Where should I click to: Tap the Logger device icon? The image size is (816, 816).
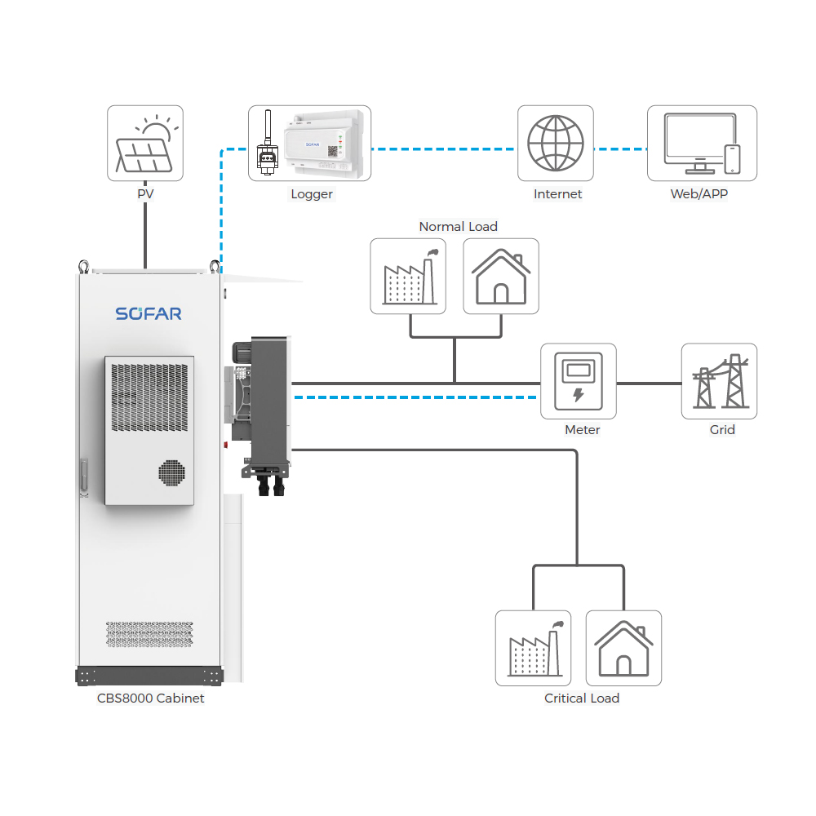pyautogui.click(x=309, y=144)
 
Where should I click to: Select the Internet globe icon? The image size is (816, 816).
pyautogui.click(x=556, y=144)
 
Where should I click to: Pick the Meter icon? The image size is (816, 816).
pyautogui.click(x=579, y=381)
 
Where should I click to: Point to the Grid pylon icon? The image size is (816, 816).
pyautogui.click(x=720, y=381)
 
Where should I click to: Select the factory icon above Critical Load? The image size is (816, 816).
pyautogui.click(x=533, y=648)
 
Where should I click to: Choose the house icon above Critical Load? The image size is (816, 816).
pyautogui.click(x=624, y=648)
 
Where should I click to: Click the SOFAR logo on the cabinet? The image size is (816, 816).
pyautogui.click(x=149, y=314)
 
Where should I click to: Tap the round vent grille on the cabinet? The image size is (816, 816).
pyautogui.click(x=171, y=472)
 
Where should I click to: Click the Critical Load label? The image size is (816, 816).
pyautogui.click(x=582, y=698)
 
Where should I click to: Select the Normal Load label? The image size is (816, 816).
pyautogui.click(x=458, y=227)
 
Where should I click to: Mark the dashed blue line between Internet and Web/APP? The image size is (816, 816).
pyautogui.click(x=620, y=149)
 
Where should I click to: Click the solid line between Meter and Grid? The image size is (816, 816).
pyautogui.click(x=649, y=383)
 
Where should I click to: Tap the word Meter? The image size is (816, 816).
pyautogui.click(x=582, y=430)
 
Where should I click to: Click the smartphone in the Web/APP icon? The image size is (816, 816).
pyautogui.click(x=733, y=158)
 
